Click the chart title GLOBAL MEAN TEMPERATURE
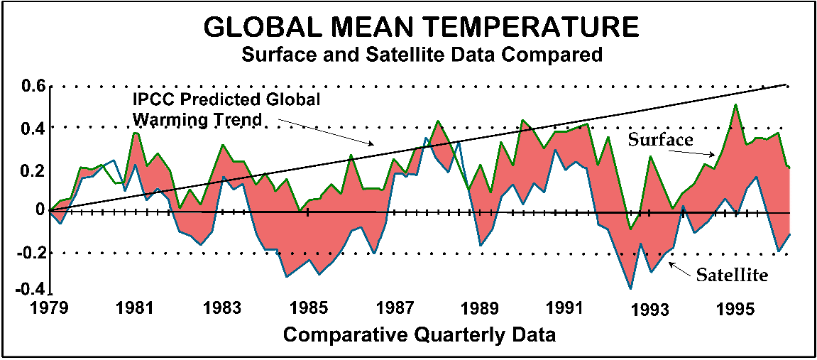(x=421, y=26)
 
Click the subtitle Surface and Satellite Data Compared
(x=422, y=53)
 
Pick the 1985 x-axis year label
(x=308, y=309)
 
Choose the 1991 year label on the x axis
(x=564, y=309)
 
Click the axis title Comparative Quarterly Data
(x=420, y=334)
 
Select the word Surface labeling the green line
(x=660, y=140)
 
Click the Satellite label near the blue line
(x=732, y=274)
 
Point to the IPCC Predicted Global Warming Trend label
(x=226, y=109)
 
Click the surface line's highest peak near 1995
(x=735, y=104)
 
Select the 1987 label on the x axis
(x=394, y=309)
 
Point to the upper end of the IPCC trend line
(x=786, y=84)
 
